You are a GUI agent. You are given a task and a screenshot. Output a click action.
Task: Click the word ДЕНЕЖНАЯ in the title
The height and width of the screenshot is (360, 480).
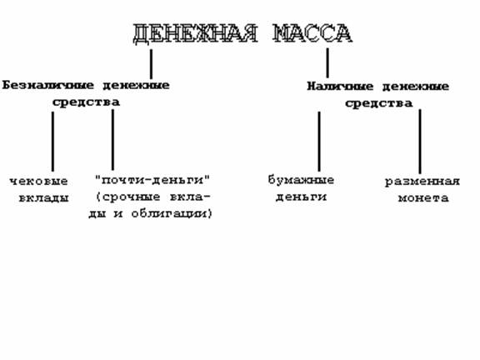[x=195, y=33]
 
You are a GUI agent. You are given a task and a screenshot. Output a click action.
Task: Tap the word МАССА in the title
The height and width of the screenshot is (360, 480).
[x=312, y=33]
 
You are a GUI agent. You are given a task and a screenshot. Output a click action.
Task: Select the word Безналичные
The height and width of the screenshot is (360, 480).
[x=47, y=85]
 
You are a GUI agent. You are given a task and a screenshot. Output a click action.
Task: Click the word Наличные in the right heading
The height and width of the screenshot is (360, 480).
[x=340, y=87]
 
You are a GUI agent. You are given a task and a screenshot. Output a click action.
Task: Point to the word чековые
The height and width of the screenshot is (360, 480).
[x=38, y=181]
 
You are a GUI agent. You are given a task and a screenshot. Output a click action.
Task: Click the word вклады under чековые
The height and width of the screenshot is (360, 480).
[x=44, y=198]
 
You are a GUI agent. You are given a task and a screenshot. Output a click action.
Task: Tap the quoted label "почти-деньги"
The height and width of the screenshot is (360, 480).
[x=152, y=180]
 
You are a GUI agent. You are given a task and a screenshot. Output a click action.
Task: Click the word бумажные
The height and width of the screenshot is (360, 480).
[x=301, y=179]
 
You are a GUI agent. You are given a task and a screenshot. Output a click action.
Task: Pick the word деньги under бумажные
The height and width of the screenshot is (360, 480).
[x=301, y=197]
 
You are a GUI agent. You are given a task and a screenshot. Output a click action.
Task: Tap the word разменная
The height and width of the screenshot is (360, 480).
[x=422, y=182]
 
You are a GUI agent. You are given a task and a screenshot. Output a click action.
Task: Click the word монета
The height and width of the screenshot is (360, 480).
[x=423, y=198]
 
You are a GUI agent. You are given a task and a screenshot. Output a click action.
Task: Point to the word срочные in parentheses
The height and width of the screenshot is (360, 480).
[x=132, y=197]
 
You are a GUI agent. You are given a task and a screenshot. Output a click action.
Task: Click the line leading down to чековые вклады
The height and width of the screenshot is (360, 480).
[x=53, y=142]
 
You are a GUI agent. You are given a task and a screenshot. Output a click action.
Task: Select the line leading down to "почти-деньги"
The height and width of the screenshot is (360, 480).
[x=113, y=140]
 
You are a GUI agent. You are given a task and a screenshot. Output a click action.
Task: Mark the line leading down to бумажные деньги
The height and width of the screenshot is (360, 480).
[x=319, y=142]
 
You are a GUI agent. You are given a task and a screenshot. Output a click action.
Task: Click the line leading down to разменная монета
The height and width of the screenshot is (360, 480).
[x=420, y=142]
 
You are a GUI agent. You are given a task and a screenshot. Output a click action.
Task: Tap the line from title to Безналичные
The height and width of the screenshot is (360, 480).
[x=151, y=64]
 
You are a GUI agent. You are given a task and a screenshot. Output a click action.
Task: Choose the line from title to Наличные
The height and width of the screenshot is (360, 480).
[x=327, y=62]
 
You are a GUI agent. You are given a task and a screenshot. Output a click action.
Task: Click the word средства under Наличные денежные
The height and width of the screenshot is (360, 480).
[x=378, y=103]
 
